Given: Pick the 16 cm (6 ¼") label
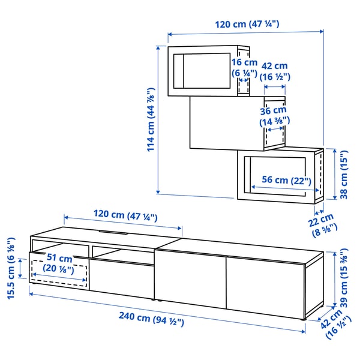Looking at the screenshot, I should pyautogui.click(x=244, y=67).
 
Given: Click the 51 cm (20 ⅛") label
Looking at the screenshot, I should pyautogui.click(x=59, y=263).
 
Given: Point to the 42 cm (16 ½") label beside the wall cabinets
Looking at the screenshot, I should pyautogui.click(x=275, y=71).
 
